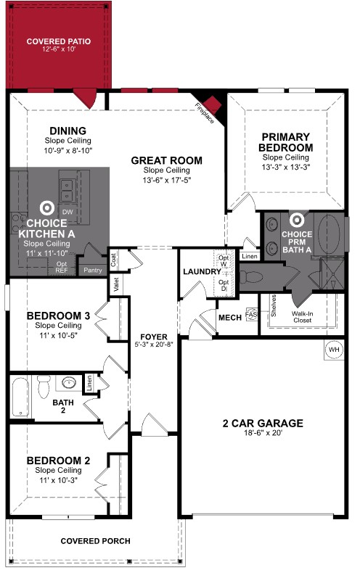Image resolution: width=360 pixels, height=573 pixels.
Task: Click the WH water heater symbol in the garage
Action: (x=334, y=349)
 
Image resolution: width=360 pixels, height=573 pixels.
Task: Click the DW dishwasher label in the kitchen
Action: (x=67, y=211)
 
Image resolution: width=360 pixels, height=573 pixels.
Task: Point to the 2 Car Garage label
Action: (x=263, y=424)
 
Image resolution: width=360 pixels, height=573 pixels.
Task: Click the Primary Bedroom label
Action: (x=286, y=141)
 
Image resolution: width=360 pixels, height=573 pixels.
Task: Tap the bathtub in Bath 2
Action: (x=20, y=397)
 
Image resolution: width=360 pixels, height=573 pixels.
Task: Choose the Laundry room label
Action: (x=197, y=271)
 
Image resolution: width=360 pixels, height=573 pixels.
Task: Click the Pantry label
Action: (x=93, y=270)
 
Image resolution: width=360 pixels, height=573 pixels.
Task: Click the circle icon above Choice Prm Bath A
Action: (x=297, y=218)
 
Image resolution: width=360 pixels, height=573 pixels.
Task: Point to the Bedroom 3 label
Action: (x=57, y=316)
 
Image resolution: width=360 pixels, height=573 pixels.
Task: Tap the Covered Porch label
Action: (x=95, y=541)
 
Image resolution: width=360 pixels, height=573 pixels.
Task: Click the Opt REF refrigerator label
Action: (x=62, y=266)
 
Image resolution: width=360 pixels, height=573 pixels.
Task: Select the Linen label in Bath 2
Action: (x=89, y=382)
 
